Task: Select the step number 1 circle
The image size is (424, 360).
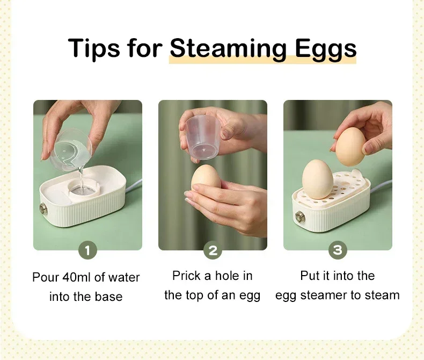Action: click(x=87, y=250)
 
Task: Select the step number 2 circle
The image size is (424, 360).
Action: click(x=213, y=250)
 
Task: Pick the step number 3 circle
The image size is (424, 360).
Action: click(x=338, y=250)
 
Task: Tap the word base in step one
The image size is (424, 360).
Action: click(x=110, y=297)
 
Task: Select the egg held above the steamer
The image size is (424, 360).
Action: click(x=352, y=146)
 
